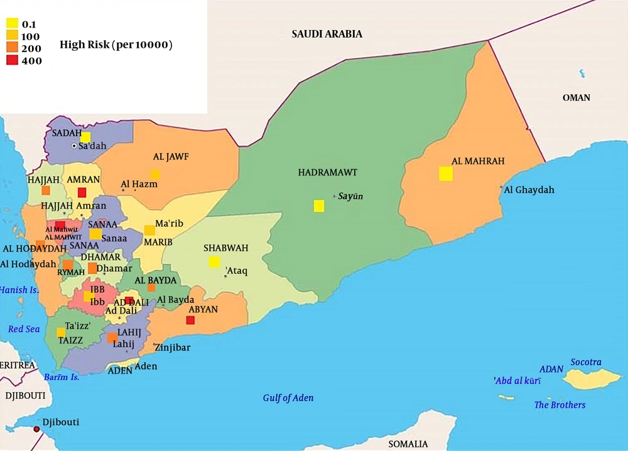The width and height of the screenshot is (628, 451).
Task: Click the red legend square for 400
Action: [11, 61]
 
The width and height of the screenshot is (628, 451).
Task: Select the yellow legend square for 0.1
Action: [11, 24]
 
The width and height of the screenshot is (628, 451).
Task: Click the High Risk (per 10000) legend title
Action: [116, 45]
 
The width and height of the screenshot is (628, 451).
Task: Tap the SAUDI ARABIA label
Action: [327, 34]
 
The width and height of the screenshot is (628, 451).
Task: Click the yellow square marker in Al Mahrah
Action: [446, 174]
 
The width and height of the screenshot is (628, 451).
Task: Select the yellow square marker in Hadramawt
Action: [319, 206]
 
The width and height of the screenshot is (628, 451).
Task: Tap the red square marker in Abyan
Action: [190, 321]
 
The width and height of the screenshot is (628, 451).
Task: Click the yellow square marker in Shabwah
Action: [214, 262]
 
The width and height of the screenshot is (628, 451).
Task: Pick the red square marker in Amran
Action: [82, 193]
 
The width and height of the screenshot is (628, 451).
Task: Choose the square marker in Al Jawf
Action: [154, 174]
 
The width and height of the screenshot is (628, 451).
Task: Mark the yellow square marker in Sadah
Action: [85, 137]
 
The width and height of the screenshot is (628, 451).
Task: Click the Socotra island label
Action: [585, 362]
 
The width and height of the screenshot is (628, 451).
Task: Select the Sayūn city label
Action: [352, 196]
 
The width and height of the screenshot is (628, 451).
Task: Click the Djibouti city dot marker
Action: [36, 429]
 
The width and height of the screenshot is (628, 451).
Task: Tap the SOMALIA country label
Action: [408, 443]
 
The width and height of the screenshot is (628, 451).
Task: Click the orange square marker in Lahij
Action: [112, 337]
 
